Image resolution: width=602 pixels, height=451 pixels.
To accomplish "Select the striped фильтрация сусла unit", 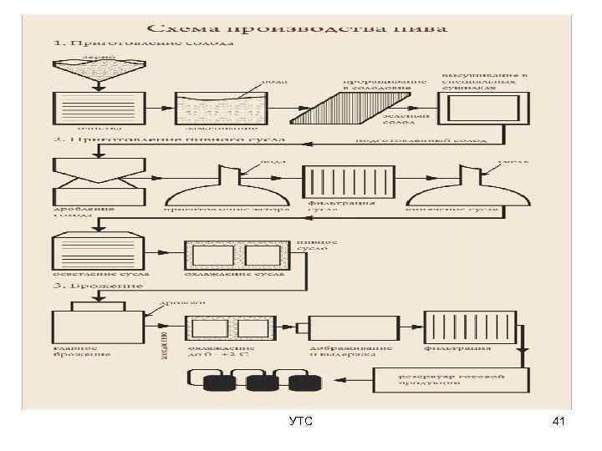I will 347,181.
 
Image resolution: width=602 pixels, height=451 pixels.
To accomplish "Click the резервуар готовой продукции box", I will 451,380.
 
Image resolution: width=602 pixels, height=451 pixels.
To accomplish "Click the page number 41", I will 559,423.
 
